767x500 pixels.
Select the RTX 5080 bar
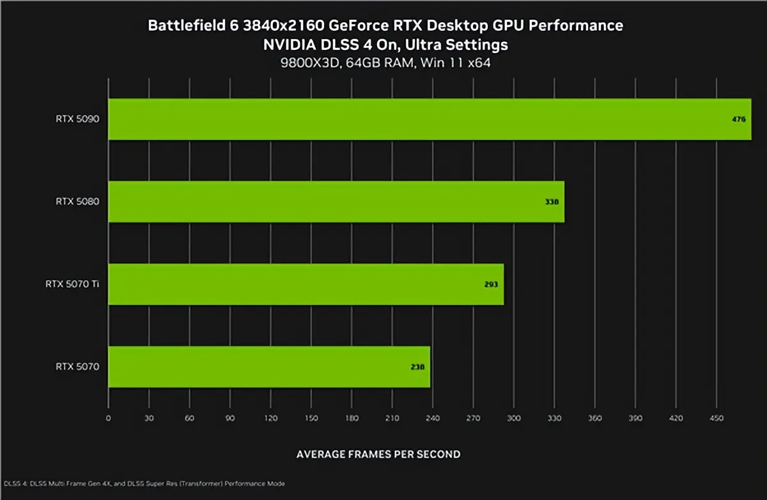point(336,201)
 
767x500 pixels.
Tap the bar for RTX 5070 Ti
point(306,284)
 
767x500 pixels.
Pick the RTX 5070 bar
point(269,366)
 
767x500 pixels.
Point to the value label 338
point(552,202)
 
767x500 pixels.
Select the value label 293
point(490,285)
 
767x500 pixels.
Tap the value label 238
point(417,367)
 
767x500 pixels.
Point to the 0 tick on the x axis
point(109,418)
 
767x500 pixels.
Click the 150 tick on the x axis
point(311,418)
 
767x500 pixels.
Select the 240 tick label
point(432,418)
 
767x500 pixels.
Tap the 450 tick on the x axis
point(716,418)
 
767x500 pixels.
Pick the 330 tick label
point(554,418)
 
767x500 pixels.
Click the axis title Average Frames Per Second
point(378,454)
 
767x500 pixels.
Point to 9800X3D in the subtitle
point(304,63)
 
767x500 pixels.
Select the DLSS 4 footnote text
point(144,483)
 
